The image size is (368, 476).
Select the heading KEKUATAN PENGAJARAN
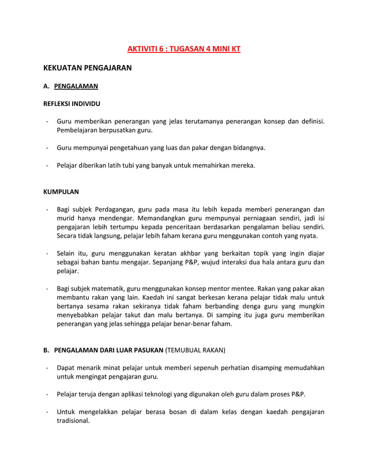pos(88,68)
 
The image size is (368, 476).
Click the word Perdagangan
pos(116,209)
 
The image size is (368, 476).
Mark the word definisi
pos(310,122)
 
